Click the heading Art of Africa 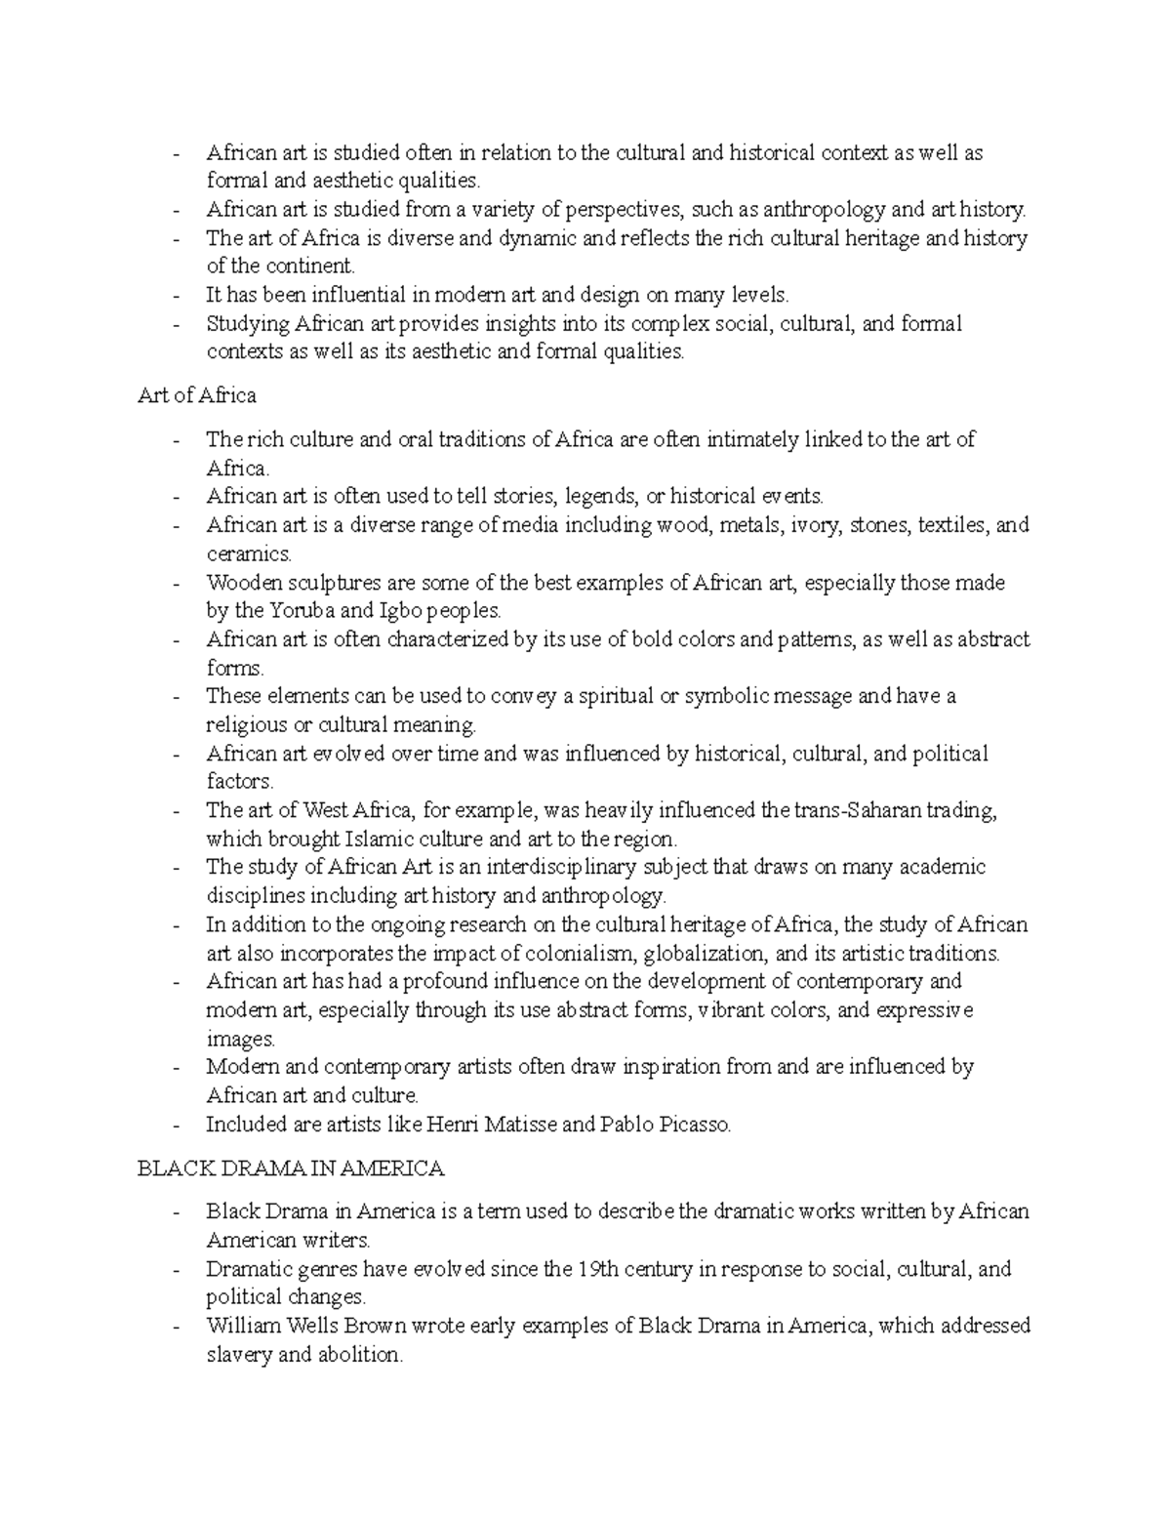197,395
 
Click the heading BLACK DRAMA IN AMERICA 291,1168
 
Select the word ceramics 249,553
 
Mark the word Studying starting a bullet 248,323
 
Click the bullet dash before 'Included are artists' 175,1125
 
